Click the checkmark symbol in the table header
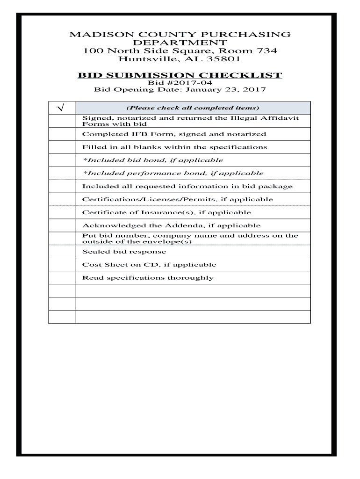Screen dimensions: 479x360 click(x=61, y=108)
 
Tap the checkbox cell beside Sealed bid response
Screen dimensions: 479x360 click(x=62, y=252)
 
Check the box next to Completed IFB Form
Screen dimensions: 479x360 click(x=62, y=134)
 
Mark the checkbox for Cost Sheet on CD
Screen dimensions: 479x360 click(x=62, y=265)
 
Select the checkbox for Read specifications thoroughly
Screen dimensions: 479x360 click(x=62, y=278)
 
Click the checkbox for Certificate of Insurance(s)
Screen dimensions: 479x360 click(x=62, y=212)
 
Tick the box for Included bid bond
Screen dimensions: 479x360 click(x=62, y=160)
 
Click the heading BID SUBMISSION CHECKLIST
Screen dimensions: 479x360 click(x=180, y=75)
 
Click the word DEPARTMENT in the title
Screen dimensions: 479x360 click(x=180, y=43)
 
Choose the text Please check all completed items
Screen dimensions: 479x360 click(x=193, y=108)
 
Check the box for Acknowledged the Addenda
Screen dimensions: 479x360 click(x=62, y=225)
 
